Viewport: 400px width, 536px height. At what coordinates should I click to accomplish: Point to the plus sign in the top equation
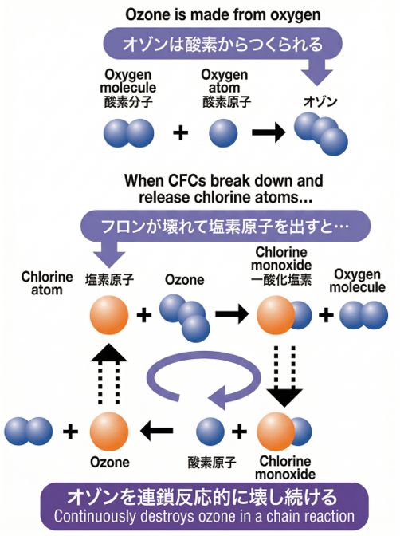(181, 132)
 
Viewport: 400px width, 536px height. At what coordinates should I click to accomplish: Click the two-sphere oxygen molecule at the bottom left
(29, 432)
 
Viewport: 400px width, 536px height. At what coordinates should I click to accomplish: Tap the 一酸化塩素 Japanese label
(284, 279)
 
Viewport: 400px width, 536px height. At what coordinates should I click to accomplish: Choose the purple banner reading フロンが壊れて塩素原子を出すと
(224, 226)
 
